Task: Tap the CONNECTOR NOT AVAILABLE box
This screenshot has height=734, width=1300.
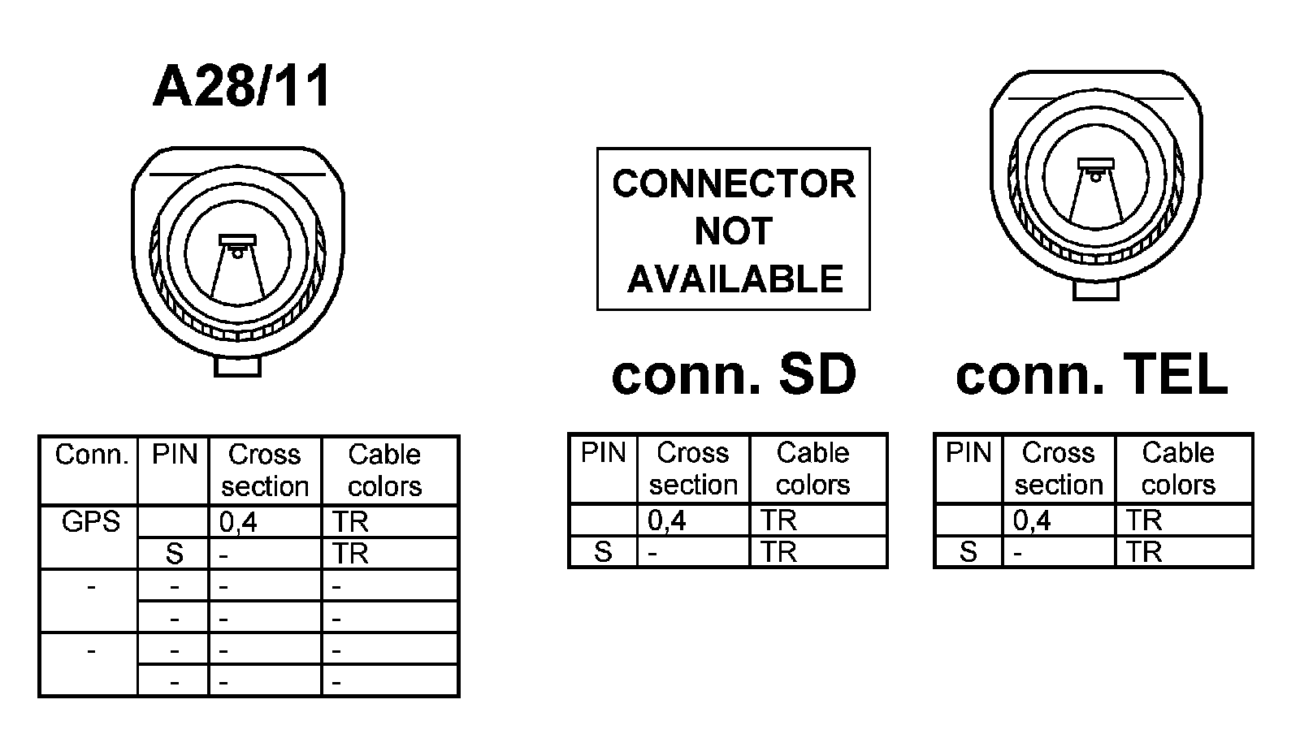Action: coord(733,229)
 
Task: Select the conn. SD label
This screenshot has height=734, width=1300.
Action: coord(734,374)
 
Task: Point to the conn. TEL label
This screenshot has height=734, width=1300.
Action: coord(1091,374)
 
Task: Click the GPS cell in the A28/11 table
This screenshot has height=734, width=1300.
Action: coord(90,521)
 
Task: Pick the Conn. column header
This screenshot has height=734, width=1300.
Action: coord(91,455)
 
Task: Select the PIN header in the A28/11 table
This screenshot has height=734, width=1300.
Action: coord(175,455)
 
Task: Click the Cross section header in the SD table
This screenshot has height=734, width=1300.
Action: coord(693,468)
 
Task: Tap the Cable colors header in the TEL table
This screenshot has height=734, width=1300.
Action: coord(1177,468)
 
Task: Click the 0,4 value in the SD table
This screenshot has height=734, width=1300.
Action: coord(667,520)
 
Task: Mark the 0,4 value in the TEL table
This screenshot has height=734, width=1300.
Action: coord(1032,520)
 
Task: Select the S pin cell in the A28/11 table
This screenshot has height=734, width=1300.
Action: coord(175,554)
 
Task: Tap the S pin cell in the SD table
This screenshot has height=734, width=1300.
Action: coord(603,552)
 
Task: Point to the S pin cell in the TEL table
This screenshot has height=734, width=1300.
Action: coord(968,552)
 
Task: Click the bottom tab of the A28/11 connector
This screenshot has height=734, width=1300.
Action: coord(237,366)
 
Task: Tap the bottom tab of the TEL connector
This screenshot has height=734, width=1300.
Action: coord(1096,289)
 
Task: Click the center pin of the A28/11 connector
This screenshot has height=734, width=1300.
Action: coord(237,253)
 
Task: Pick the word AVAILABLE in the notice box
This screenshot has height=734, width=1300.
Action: coord(735,279)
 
